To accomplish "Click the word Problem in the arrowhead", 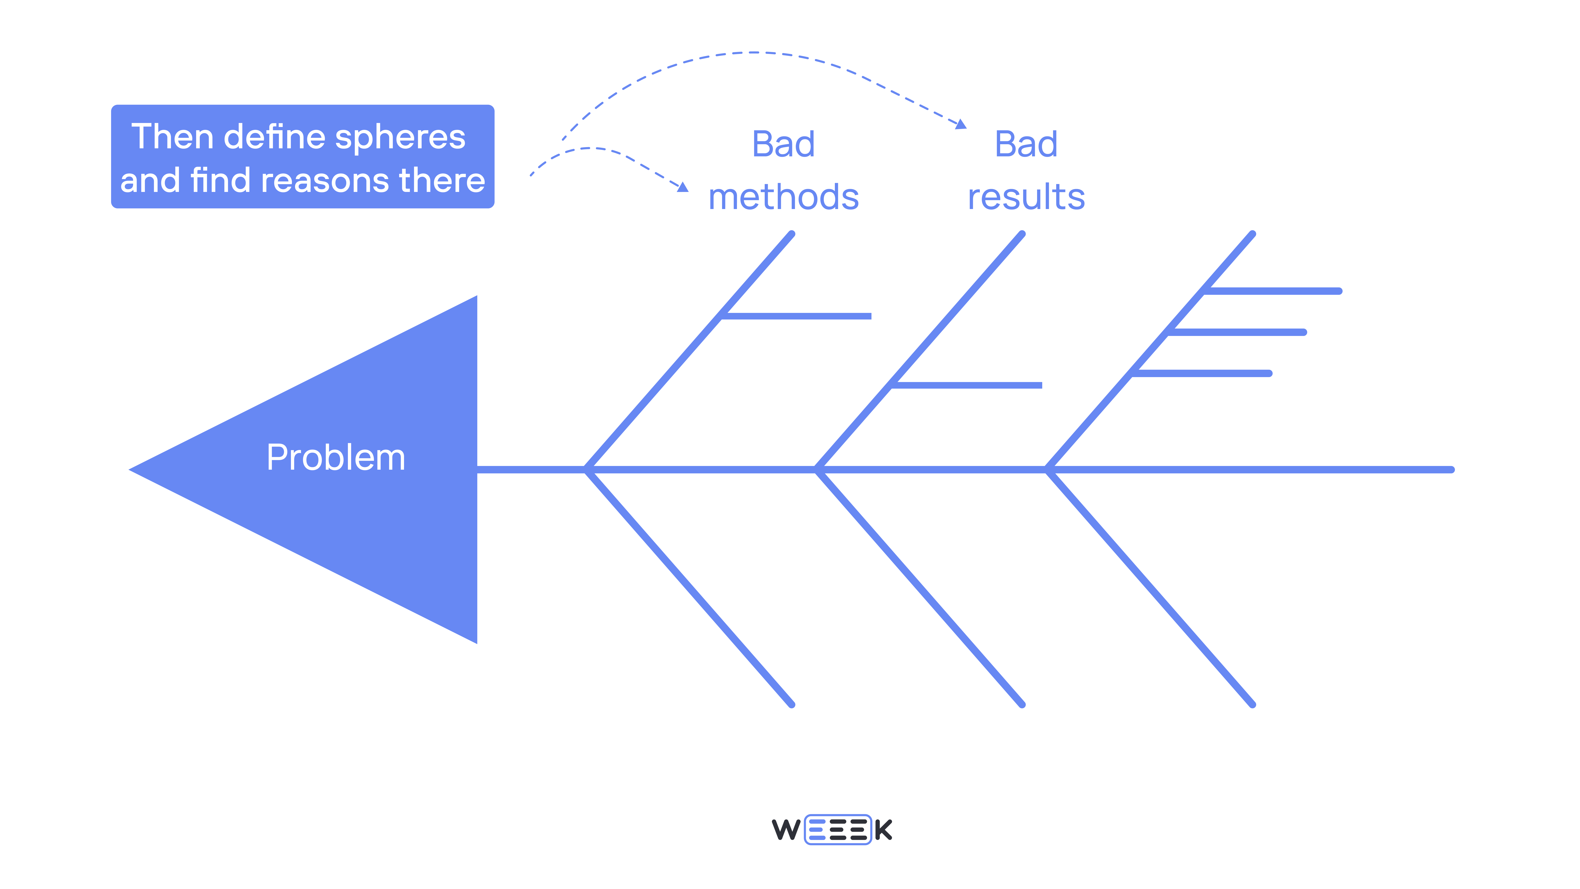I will pos(336,458).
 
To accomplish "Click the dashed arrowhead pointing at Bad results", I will pos(961,124).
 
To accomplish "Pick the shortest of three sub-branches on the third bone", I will pos(1202,373).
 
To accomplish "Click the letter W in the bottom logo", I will pos(786,830).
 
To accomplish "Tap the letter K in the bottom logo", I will pos(883,830).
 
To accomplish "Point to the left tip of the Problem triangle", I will pos(131,470).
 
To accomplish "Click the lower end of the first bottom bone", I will pos(792,704).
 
